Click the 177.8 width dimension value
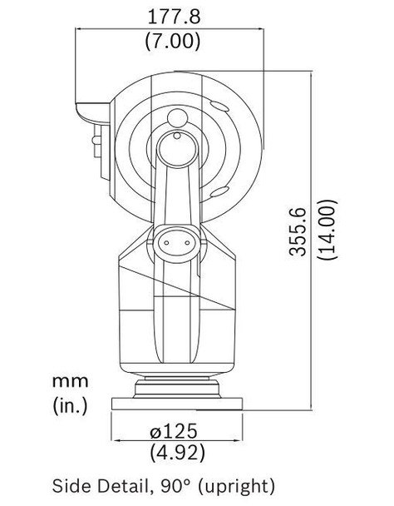(174, 17)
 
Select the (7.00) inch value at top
(173, 41)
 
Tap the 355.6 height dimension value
(298, 231)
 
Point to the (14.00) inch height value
(328, 230)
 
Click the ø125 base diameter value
(173, 431)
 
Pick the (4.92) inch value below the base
(177, 452)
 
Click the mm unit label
(71, 381)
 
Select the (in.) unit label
(70, 405)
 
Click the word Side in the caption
(73, 486)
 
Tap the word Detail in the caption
(126, 486)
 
